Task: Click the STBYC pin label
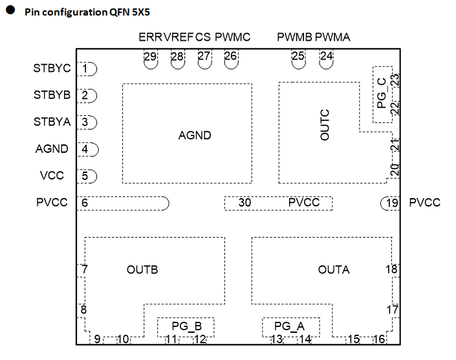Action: coord(52,68)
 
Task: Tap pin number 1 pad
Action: coord(87,68)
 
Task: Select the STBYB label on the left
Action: coord(52,95)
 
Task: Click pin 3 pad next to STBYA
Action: coord(87,122)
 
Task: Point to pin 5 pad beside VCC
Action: coord(87,175)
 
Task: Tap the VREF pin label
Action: coord(178,38)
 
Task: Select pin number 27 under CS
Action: coord(204,57)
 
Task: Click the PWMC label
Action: coord(232,38)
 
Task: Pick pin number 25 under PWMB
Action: coord(298,57)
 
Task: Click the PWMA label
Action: coord(333,38)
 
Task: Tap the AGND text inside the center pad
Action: coord(195,135)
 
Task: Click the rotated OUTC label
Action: coord(325,125)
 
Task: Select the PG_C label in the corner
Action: coord(382,93)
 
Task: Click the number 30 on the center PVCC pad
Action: coord(244,203)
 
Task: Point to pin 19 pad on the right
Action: coord(389,203)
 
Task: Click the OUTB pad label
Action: coord(142,269)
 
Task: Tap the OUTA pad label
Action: coord(334,269)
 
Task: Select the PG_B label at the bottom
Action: coord(187,326)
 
